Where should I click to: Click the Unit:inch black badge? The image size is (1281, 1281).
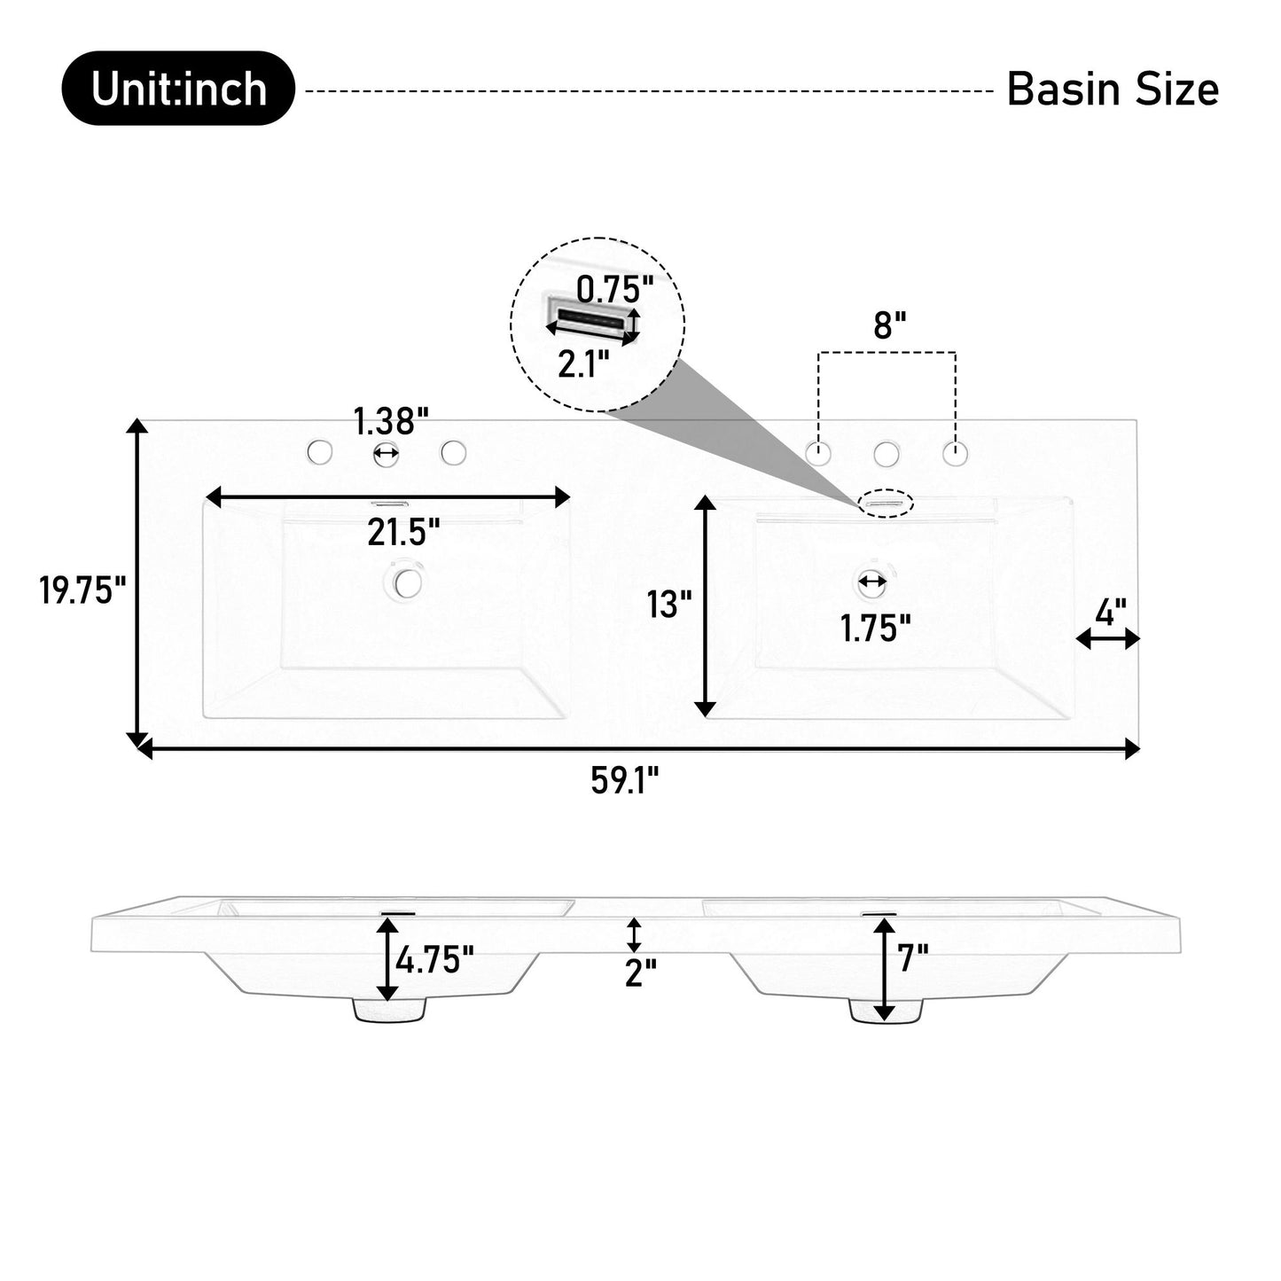(177, 89)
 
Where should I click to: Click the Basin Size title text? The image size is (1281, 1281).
(1112, 90)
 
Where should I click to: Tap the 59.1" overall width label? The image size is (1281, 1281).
(625, 782)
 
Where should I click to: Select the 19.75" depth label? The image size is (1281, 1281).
(82, 590)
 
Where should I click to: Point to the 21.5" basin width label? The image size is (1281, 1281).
(403, 533)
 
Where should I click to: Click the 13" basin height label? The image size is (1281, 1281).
(669, 605)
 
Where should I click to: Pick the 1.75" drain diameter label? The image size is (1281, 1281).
(875, 629)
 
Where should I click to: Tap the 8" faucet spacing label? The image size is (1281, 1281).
(889, 325)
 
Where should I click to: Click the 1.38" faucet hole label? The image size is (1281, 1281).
(391, 421)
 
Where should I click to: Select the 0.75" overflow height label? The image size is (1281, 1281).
(614, 288)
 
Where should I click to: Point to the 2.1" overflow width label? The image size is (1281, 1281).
(583, 364)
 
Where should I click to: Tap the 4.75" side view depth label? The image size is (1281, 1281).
(434, 959)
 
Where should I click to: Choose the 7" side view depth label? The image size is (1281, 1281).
(913, 957)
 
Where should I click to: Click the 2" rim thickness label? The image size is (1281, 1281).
(640, 972)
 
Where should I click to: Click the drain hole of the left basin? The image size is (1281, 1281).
(409, 582)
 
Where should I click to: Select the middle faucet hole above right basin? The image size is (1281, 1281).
(886, 455)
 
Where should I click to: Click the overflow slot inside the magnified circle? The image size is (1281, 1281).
(590, 317)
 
